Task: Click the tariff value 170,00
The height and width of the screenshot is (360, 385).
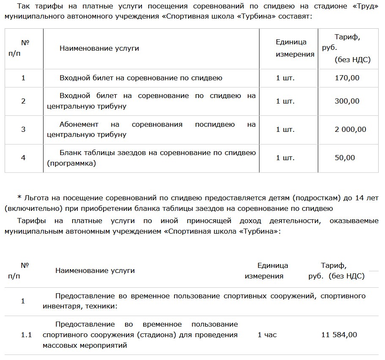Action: click(347, 78)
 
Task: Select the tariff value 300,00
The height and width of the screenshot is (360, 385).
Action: click(347, 101)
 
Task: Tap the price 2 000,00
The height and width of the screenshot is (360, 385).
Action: click(350, 129)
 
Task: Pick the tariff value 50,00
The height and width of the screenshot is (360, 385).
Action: click(345, 158)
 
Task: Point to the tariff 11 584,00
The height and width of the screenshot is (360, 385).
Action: click(339, 335)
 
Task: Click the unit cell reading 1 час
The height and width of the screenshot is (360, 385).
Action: click(267, 335)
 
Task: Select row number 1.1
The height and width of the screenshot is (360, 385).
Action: click(27, 335)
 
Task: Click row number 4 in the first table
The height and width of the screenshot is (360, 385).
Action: click(23, 158)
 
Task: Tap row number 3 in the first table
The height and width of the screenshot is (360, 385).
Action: click(23, 129)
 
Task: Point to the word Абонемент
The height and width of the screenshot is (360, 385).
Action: click(79, 125)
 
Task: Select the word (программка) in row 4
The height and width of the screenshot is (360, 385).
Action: click(71, 163)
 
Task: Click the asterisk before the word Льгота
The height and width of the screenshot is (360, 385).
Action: click(19, 197)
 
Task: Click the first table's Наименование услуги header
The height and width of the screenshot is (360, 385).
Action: click(99, 48)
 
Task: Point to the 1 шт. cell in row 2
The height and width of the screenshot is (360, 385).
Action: click(285, 101)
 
